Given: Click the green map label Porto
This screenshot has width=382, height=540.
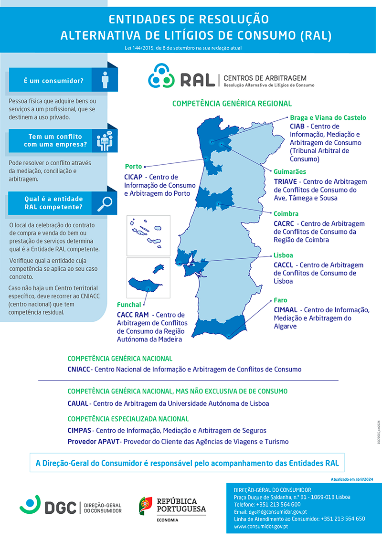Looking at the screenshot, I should click(133, 167).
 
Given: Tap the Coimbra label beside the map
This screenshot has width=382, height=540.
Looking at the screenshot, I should click(286, 214).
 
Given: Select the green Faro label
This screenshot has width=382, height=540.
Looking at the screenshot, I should click(280, 300).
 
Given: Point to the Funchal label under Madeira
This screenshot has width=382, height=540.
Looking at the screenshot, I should click(129, 305).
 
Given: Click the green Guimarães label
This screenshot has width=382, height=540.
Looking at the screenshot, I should click(290, 172).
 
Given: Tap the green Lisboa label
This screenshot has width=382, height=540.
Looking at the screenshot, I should click(283, 255).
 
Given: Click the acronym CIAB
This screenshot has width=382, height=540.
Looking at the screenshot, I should click(297, 126).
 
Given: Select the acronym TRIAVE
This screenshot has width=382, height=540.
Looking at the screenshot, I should click(286, 181).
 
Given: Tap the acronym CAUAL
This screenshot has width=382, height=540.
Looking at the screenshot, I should click(78, 403).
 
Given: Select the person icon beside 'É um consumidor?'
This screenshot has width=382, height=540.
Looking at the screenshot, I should click(106, 80).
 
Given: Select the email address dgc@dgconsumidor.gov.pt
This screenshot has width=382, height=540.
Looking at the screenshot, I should click(277, 512).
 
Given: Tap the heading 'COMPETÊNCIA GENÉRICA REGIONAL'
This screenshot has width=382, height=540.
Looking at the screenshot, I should click(232, 104).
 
